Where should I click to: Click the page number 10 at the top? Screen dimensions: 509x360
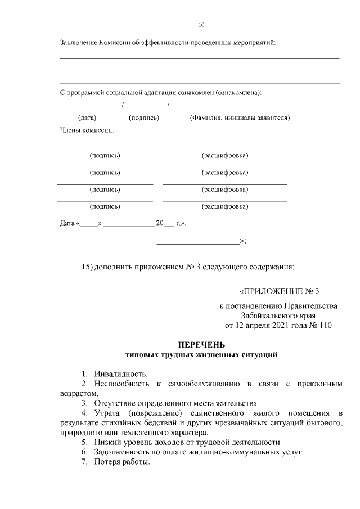tap(201, 25)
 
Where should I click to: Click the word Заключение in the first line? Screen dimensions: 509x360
tap(78, 43)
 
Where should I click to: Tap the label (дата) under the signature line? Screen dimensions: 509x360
tap(87, 118)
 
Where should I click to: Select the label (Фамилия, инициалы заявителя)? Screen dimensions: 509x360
tap(240, 118)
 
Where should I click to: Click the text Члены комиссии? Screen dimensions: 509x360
tap(87, 130)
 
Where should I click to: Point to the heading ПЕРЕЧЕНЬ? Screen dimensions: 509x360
tap(201, 344)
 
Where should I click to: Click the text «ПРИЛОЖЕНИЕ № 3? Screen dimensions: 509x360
tap(279, 291)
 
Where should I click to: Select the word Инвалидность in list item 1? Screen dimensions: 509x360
tap(121, 373)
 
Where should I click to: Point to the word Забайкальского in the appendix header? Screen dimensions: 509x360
tap(268, 316)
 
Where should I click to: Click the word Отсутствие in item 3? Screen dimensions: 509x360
tap(116, 403)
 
